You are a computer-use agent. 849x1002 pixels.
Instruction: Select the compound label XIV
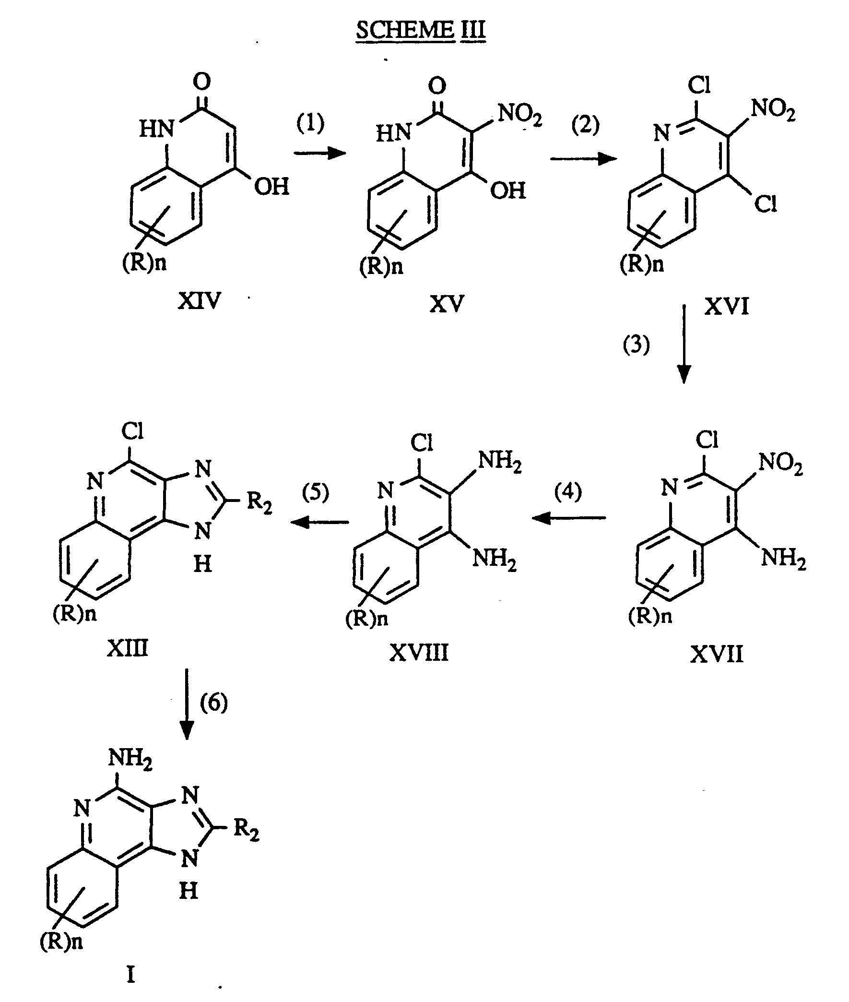[x=199, y=301]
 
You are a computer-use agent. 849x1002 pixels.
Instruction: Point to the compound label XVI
[x=727, y=306]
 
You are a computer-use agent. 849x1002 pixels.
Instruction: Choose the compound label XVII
[x=717, y=654]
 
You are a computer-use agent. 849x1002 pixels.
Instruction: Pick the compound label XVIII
[x=419, y=653]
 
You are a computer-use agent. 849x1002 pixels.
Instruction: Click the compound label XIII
[x=128, y=648]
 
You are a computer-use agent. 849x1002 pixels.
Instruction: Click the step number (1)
[x=310, y=123]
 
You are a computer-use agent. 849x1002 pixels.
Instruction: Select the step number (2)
[x=585, y=125]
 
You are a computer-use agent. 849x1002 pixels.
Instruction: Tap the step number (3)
[x=636, y=345]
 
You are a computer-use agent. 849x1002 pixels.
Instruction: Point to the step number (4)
[x=568, y=491]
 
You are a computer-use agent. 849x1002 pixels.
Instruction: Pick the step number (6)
[x=214, y=703]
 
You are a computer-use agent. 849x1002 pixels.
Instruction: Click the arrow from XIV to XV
[x=320, y=153]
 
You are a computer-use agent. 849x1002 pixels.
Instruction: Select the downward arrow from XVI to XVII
[x=684, y=344]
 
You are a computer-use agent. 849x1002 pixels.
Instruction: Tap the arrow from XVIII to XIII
[x=319, y=522]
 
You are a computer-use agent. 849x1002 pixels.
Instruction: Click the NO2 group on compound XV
[x=520, y=115]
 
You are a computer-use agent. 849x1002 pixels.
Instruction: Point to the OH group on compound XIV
[x=271, y=187]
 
